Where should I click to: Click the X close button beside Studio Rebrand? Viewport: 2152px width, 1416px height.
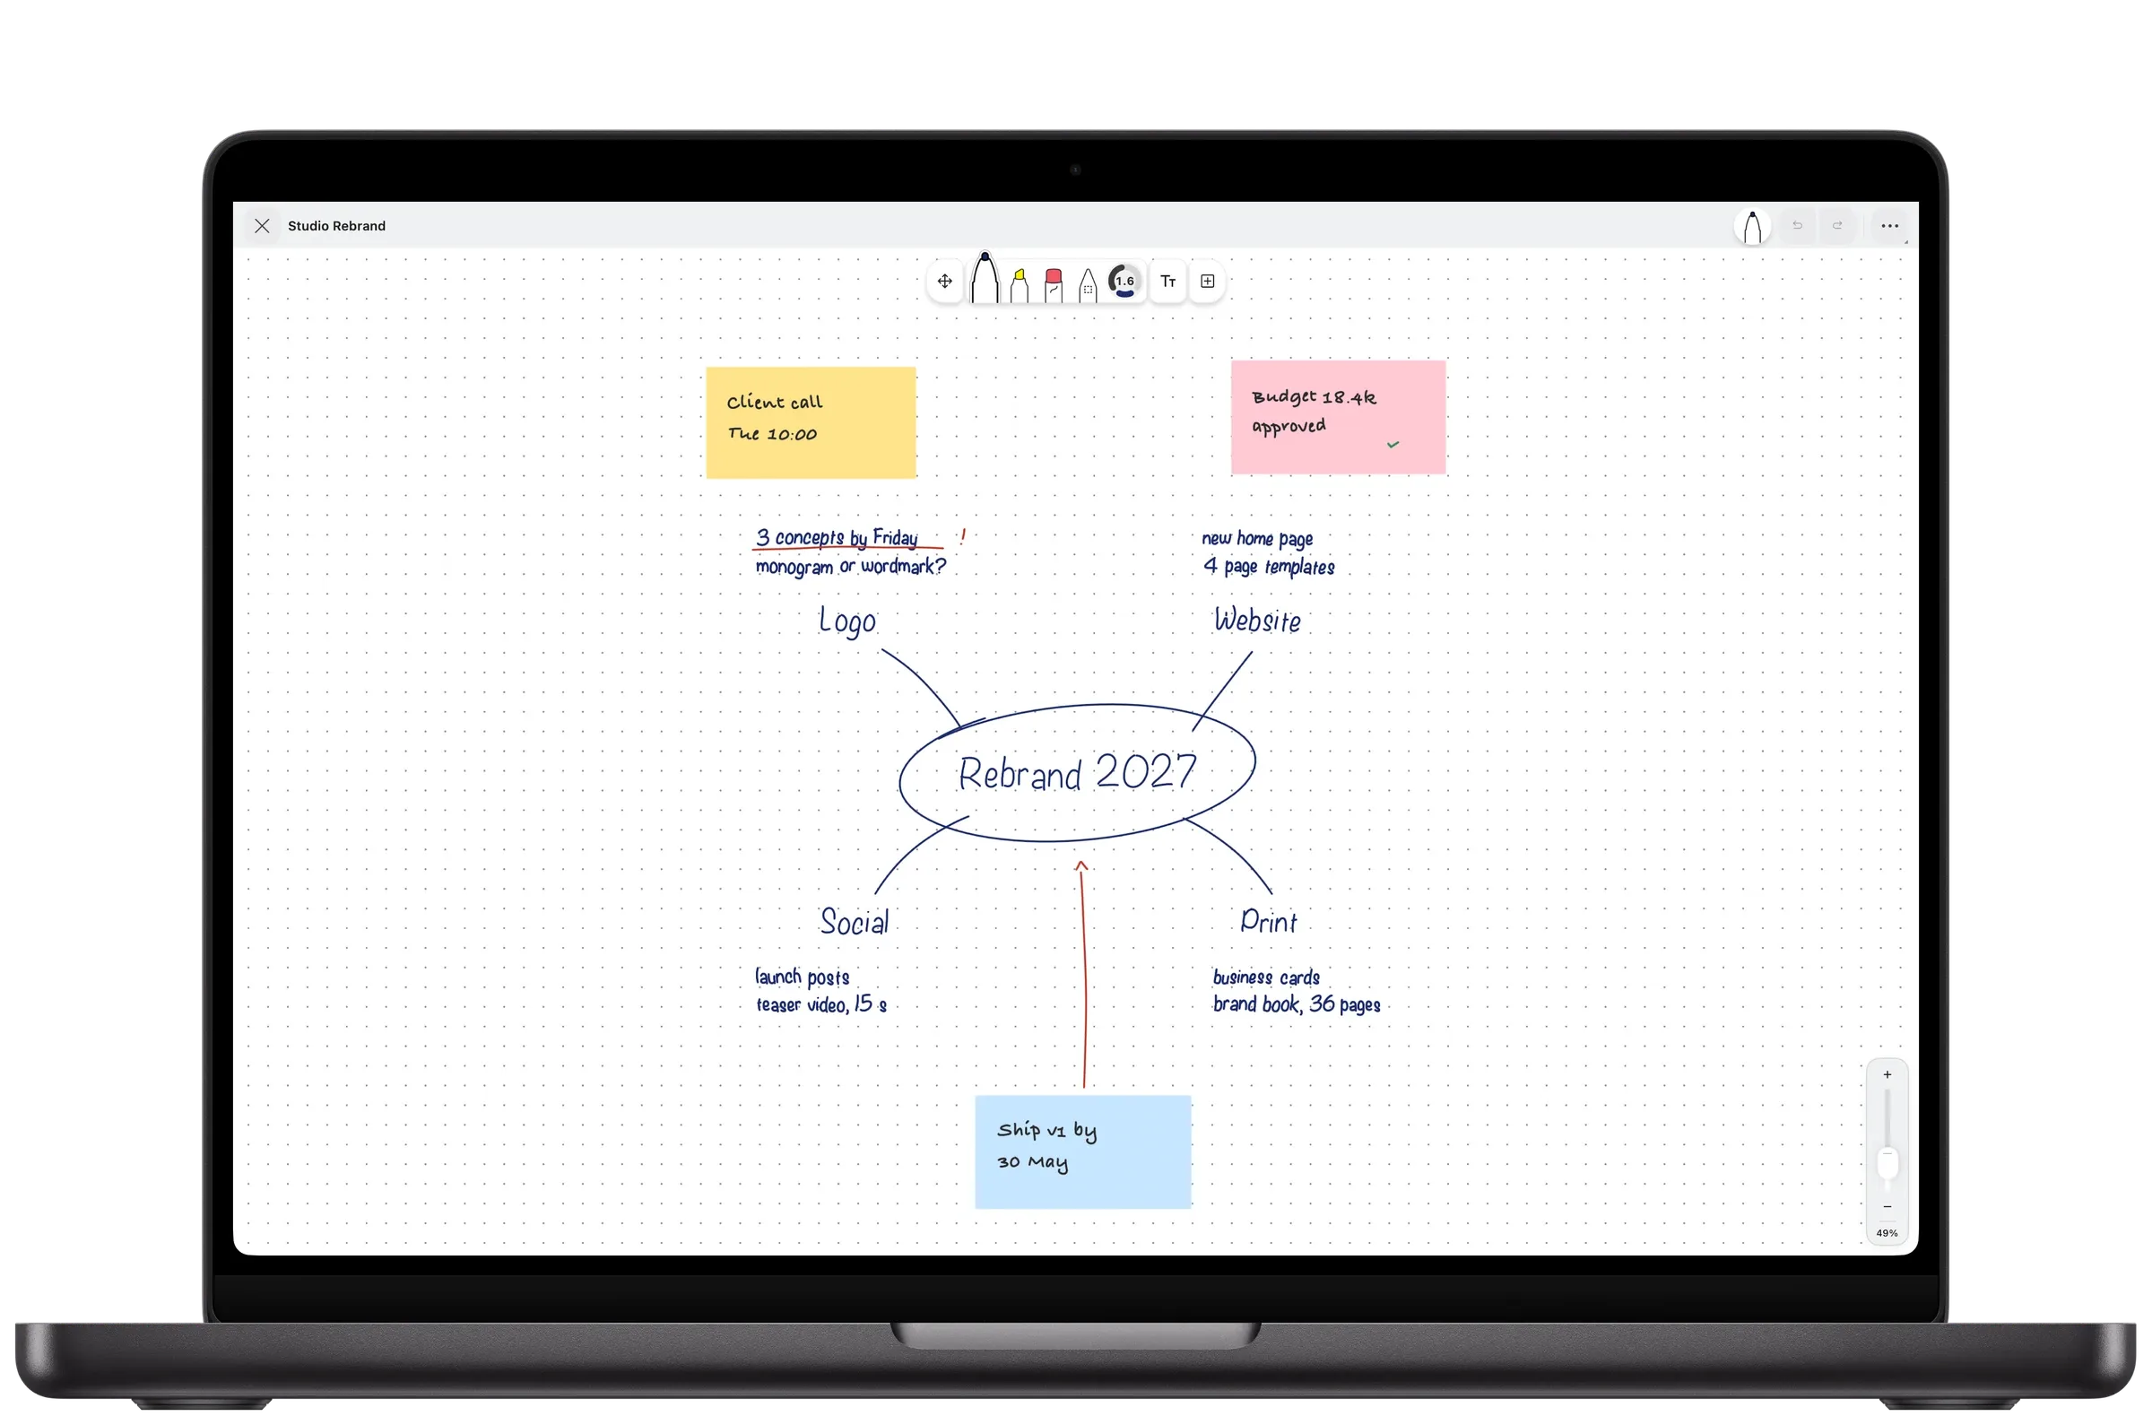coord(262,226)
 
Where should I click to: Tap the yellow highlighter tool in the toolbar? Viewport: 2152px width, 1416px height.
coord(1019,285)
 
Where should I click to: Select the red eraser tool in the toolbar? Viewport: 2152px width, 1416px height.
coord(1054,285)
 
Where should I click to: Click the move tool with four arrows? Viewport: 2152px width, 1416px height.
coord(945,282)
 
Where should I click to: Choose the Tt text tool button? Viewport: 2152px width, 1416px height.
coord(1168,282)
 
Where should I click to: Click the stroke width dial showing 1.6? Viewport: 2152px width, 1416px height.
coord(1124,282)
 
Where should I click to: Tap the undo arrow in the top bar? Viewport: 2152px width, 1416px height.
coord(1798,226)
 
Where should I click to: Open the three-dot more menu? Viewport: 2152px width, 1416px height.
coord(1890,226)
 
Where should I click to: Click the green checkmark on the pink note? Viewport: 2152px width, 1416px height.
coord(1393,444)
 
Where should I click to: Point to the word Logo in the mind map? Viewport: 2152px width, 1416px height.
coord(847,621)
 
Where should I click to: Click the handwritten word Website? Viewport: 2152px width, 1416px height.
coord(1258,621)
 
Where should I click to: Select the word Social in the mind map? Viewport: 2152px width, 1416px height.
coord(855,921)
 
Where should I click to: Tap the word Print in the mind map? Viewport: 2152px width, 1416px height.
coord(1269,921)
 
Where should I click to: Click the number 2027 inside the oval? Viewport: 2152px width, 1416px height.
coord(1146,771)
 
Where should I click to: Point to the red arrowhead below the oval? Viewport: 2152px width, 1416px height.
coord(1081,866)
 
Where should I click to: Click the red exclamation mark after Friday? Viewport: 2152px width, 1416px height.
coord(963,535)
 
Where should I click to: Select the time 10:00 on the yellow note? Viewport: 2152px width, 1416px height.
coord(792,435)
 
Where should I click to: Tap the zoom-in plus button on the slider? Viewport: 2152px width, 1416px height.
coord(1887,1074)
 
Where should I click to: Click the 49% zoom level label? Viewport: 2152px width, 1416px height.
coord(1887,1233)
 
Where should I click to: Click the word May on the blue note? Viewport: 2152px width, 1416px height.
coord(1048,1163)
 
